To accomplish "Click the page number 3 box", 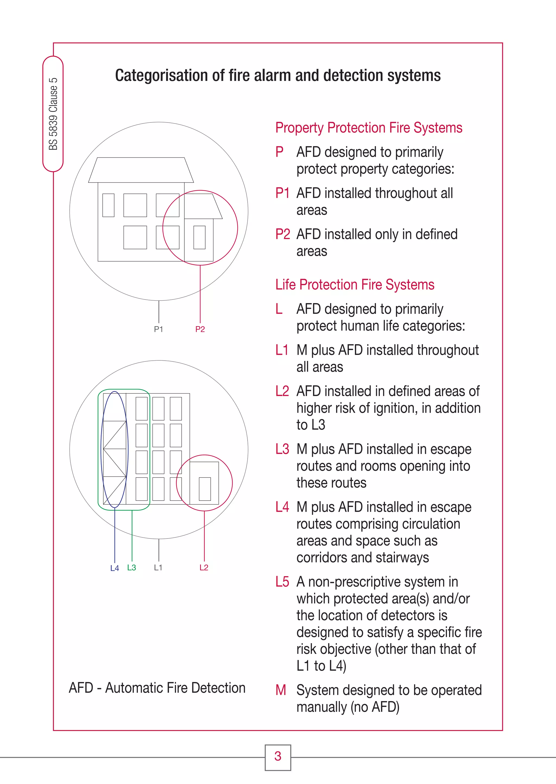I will tap(278, 757).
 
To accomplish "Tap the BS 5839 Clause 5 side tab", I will tap(53, 114).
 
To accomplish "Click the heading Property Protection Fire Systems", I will tap(369, 128).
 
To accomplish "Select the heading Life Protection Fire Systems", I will tap(355, 285).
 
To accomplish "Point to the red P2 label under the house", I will tap(200, 329).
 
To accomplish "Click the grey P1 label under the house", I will tap(159, 329).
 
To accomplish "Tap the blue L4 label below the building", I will tap(114, 568).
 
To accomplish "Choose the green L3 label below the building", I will tap(131, 567).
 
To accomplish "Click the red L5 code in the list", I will tap(282, 582).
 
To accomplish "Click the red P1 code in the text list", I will tap(282, 193).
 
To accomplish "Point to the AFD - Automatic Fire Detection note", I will tap(157, 688).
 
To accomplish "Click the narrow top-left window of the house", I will tap(108, 205).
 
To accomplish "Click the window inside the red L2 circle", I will tap(205, 489).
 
